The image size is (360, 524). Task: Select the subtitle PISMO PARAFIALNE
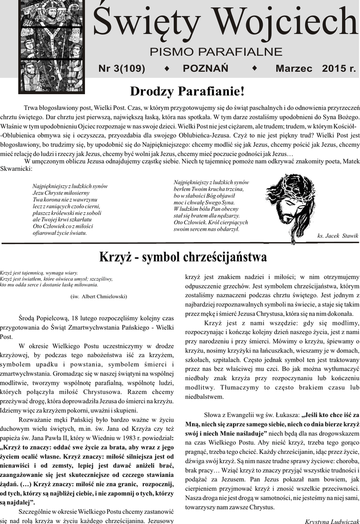pos(216,52)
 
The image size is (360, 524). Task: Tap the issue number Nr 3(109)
pos(122,68)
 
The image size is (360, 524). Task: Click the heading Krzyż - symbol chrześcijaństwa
pos(183,256)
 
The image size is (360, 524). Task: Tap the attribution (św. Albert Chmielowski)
pos(98,296)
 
